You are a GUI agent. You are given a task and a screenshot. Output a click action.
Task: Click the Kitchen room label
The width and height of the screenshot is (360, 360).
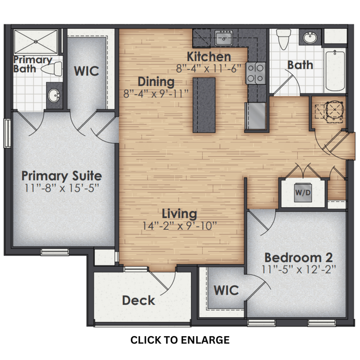pos(208,56)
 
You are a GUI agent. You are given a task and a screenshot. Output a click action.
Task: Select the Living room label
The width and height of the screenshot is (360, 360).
pos(179,213)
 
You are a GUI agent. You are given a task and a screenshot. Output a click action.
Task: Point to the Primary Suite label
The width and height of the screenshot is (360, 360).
pos(61,176)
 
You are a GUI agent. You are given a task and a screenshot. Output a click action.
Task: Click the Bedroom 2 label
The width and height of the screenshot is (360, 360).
pos(298,258)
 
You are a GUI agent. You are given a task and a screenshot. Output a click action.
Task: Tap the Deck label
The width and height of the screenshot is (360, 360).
pos(138,301)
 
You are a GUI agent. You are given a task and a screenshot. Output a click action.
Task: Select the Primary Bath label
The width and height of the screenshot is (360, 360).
pos(33,64)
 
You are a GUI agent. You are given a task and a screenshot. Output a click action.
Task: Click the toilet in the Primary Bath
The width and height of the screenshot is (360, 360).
pos(54,69)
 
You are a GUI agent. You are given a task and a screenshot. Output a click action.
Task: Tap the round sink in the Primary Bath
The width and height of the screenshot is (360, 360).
pos(54,96)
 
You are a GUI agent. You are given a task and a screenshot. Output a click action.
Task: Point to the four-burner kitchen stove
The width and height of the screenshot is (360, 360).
pos(255,72)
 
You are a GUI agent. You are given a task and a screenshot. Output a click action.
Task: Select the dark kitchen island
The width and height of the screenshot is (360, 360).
pos(203,105)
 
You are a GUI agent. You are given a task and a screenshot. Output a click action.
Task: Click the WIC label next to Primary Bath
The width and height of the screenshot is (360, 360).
pos(86,71)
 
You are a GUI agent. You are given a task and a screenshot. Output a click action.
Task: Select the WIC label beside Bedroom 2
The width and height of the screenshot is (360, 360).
pos(226,290)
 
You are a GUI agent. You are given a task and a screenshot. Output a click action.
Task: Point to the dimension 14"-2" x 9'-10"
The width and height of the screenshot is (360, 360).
pos(179,225)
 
